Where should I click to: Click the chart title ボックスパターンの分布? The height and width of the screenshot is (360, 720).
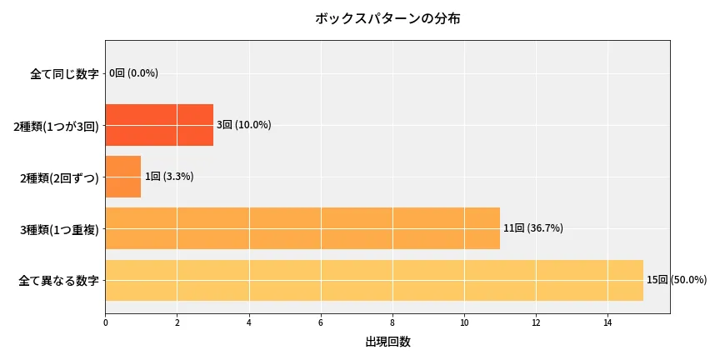click(387, 18)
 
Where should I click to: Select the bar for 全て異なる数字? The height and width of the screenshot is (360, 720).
click(374, 280)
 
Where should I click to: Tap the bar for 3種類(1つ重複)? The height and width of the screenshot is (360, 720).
click(302, 228)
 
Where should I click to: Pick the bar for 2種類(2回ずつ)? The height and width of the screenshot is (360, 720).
click(123, 177)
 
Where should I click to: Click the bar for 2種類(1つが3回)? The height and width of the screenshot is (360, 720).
click(159, 125)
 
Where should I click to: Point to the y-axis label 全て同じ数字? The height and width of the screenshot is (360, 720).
click(64, 73)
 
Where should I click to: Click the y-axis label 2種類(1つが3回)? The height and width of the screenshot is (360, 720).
click(56, 126)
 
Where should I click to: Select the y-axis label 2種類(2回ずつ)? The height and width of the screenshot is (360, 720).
click(59, 177)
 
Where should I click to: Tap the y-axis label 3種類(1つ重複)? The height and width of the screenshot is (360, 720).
click(59, 229)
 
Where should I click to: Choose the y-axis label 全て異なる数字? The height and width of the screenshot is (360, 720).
click(58, 281)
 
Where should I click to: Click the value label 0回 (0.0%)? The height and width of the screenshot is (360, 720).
click(133, 73)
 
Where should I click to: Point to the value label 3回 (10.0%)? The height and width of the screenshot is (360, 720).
click(243, 125)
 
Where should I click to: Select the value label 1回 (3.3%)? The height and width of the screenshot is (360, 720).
click(169, 177)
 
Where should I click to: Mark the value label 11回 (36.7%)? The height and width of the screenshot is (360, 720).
click(532, 228)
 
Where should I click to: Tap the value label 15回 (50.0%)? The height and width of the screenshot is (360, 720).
click(677, 280)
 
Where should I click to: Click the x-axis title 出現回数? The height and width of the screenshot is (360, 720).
click(387, 342)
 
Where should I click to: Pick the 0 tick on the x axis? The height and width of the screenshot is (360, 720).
click(106, 322)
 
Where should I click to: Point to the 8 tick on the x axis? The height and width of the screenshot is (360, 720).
click(392, 322)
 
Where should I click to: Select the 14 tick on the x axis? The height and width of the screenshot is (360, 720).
click(607, 322)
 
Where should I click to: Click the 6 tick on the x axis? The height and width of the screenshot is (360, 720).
click(321, 322)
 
